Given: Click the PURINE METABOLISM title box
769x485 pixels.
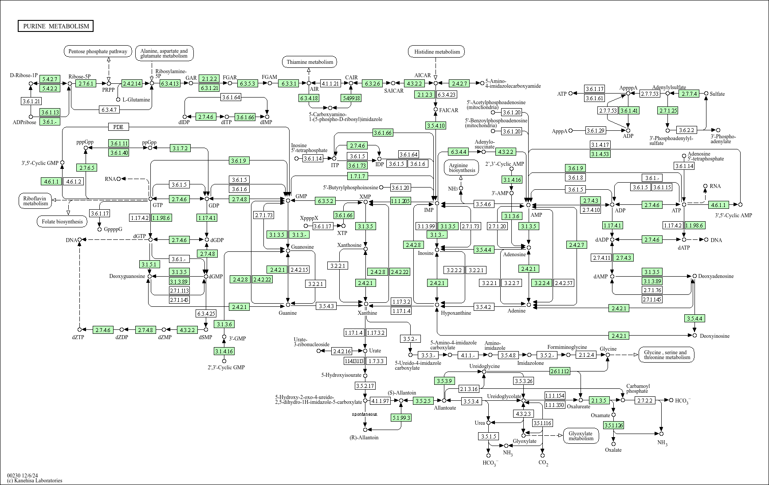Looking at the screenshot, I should [x=56, y=26].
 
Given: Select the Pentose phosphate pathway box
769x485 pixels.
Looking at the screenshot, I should [x=98, y=51].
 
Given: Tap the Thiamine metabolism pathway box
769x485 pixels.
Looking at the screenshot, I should [x=310, y=62].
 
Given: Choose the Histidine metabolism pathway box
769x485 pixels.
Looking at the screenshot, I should [x=437, y=52].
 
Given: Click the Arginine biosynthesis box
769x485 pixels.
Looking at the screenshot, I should [x=462, y=167].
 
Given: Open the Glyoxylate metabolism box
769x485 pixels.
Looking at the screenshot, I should [x=581, y=436].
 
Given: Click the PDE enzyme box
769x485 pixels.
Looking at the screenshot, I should [x=118, y=127].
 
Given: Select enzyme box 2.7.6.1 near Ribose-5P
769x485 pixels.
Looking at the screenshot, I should [x=86, y=83].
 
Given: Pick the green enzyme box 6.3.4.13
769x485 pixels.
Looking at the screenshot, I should [x=170, y=83].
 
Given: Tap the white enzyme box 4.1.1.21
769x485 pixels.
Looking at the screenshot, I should [x=330, y=83].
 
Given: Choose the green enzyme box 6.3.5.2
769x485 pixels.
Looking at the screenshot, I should [x=326, y=201].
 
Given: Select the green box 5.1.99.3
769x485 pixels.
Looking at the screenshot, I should [x=401, y=418].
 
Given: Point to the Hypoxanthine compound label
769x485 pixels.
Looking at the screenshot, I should [x=456, y=313].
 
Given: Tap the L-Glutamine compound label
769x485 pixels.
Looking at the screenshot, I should [x=136, y=100].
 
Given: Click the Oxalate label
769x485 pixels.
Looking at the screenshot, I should [x=613, y=450].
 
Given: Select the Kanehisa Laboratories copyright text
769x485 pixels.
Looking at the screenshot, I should [x=35, y=481].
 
